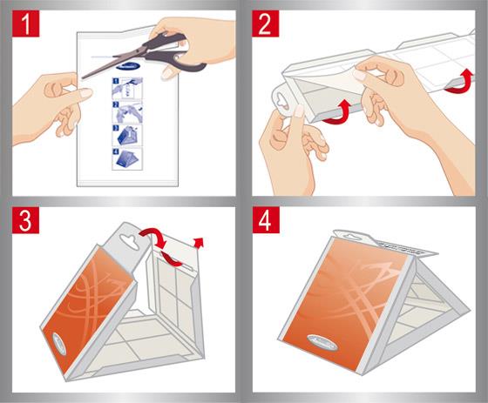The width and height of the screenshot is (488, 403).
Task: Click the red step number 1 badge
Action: point(26,24)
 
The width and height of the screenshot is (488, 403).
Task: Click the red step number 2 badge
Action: point(266,24)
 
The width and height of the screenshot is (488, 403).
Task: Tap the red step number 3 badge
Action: point(26,220)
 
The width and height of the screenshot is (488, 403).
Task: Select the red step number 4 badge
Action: point(266,220)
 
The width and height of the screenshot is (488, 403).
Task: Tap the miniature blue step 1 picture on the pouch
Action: point(127,89)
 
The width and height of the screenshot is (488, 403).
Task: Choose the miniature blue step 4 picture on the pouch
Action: point(127,158)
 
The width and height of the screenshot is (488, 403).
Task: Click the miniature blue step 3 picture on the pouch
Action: point(127,135)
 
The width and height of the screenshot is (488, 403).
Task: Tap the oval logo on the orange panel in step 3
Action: point(59,343)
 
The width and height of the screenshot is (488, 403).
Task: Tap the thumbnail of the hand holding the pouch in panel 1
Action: point(127,112)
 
